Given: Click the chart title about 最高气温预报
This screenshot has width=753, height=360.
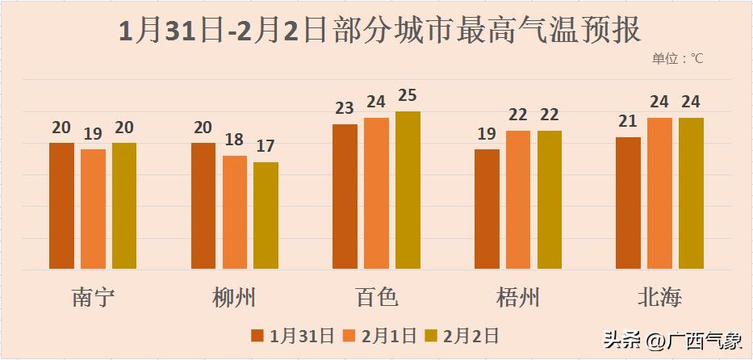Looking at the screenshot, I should [379, 31].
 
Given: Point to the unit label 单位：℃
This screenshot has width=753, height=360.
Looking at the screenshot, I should [678, 59].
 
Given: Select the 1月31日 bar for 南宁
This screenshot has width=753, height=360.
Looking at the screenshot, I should [61, 206].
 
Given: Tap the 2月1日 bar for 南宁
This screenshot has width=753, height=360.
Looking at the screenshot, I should [93, 209].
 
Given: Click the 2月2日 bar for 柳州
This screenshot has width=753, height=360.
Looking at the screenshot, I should [266, 216].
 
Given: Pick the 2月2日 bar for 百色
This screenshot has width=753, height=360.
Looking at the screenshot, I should [408, 190].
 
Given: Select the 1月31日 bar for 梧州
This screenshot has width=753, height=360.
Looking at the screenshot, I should [487, 209].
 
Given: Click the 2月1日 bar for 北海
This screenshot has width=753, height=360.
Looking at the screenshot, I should [659, 194].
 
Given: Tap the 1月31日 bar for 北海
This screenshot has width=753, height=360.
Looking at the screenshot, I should [628, 203].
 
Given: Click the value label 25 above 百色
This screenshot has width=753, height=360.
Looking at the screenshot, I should [408, 96].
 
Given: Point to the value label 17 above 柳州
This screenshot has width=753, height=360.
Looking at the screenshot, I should [266, 147].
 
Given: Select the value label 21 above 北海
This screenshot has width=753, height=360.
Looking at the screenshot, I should [628, 122].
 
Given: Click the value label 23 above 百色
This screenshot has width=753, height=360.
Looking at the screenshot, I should [345, 109].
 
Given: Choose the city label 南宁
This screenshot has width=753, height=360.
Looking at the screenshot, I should [93, 298].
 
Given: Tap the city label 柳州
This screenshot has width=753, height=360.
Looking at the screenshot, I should [235, 298].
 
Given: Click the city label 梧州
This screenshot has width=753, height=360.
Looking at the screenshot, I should [518, 298].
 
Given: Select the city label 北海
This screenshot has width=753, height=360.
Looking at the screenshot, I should [659, 298].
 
